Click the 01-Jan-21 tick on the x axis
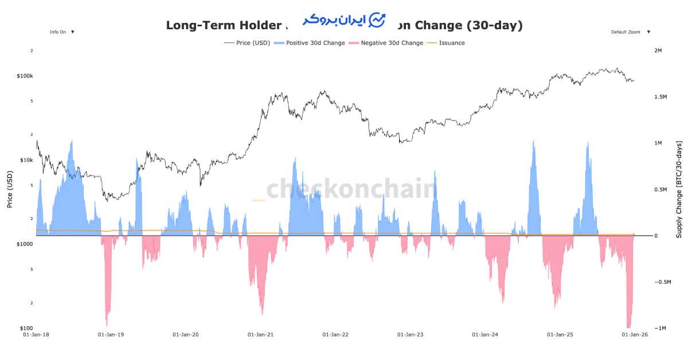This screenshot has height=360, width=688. click(x=260, y=334)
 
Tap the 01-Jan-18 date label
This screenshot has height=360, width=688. click(x=36, y=334)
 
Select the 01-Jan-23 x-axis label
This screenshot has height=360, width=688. click(x=411, y=334)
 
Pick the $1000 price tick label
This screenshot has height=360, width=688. click(x=25, y=244)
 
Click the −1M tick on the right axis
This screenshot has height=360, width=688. click(x=662, y=328)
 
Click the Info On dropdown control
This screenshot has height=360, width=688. click(x=62, y=32)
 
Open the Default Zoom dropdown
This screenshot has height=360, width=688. click(x=630, y=32)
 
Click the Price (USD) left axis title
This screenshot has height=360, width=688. click(x=10, y=189)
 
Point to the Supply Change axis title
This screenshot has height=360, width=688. click(x=679, y=189)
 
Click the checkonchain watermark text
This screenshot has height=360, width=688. click(x=351, y=189)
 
